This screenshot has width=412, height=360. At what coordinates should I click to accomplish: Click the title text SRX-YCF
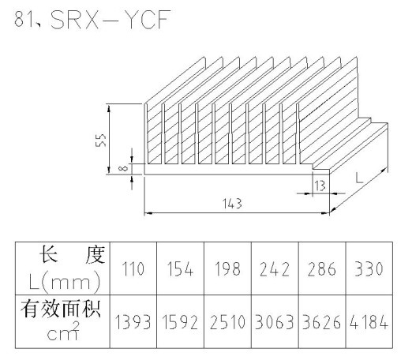click(110, 20)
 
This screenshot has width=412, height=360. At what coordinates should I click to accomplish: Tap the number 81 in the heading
click(23, 20)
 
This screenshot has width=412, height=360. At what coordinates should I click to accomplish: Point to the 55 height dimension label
click(101, 141)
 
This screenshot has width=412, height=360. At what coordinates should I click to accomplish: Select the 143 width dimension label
click(232, 204)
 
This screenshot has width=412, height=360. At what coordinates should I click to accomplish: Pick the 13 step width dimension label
click(320, 186)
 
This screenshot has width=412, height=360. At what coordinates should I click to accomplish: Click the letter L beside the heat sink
click(359, 178)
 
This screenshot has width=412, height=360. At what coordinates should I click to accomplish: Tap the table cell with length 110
click(133, 269)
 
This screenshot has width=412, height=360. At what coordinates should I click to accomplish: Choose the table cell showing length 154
click(180, 269)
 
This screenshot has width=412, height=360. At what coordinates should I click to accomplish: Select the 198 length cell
click(227, 269)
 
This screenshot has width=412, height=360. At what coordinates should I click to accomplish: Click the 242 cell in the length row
click(275, 269)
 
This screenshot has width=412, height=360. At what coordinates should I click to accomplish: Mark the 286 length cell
click(322, 269)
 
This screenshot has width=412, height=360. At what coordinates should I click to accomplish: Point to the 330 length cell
click(369, 269)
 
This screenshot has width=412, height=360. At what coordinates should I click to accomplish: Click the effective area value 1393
click(133, 322)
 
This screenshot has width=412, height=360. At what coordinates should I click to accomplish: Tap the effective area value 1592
click(180, 322)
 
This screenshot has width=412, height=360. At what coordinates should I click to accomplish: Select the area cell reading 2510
click(227, 322)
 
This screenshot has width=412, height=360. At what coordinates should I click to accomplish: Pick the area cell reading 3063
click(275, 322)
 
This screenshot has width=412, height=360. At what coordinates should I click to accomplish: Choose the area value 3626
click(322, 322)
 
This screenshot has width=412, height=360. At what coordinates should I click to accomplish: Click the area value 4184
click(369, 322)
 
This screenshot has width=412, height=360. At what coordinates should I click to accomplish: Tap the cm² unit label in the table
click(63, 332)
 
